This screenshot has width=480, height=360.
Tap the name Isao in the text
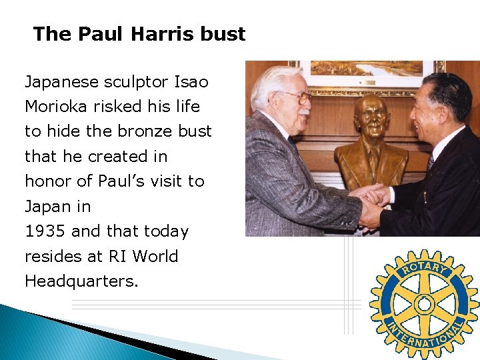(x=191, y=82)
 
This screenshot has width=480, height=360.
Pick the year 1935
(x=45, y=231)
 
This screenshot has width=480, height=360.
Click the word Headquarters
(x=81, y=281)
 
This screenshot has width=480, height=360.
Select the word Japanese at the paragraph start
(x=62, y=82)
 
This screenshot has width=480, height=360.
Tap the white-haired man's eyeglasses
(x=297, y=98)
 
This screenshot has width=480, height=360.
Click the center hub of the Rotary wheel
(x=424, y=304)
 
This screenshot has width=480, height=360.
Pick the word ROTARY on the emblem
(x=425, y=269)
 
